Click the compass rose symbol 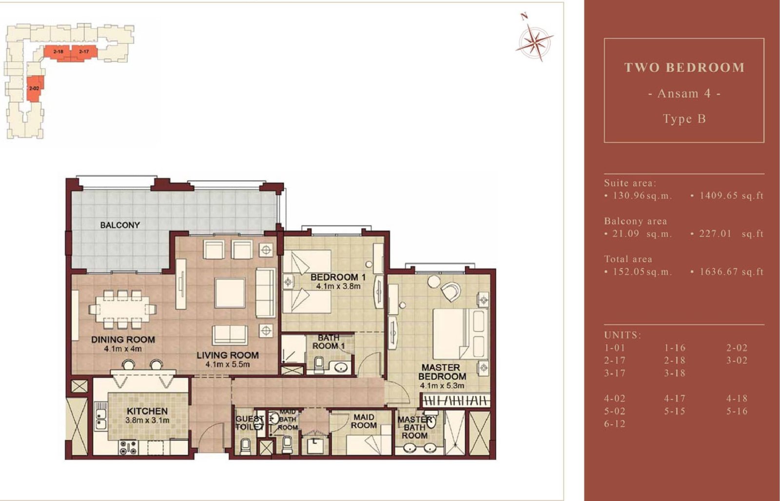(x=534, y=41)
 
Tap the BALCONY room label (x=120, y=225)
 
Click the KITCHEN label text (x=147, y=410)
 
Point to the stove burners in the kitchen (x=128, y=447)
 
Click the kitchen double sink (x=100, y=419)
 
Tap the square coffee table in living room (x=230, y=293)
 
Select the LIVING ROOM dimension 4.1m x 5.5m (x=227, y=364)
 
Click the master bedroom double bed (x=460, y=334)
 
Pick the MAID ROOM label (x=364, y=421)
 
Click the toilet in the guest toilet (x=245, y=446)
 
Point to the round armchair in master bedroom (x=450, y=291)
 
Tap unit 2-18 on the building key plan (x=58, y=52)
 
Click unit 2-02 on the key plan (x=35, y=89)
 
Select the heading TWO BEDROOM (x=684, y=68)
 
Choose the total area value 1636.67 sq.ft (x=731, y=272)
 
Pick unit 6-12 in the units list (x=615, y=424)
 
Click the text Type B (x=684, y=119)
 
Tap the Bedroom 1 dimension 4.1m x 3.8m (x=338, y=286)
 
